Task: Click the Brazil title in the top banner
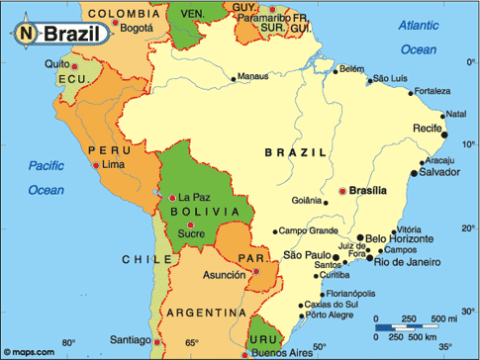[72, 33]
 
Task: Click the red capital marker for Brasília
[342, 190]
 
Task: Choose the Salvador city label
[439, 172]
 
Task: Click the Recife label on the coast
[428, 129]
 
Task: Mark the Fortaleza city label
[437, 92]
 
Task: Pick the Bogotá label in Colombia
[136, 28]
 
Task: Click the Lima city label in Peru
[114, 163]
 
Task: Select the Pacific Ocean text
[46, 176]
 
